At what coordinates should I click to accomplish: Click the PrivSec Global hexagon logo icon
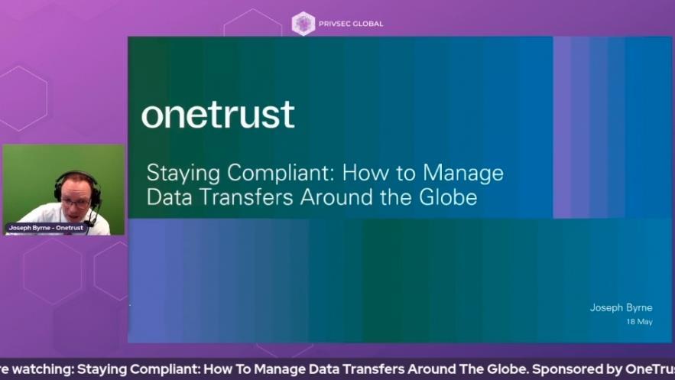tap(303, 23)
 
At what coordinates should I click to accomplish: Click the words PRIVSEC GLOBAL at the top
tap(351, 24)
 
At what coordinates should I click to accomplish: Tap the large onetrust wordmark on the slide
tap(218, 115)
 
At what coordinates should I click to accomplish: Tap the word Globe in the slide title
tap(450, 197)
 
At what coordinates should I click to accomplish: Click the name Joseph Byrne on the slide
tap(621, 308)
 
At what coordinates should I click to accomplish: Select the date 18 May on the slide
tap(639, 322)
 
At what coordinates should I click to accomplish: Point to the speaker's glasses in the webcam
tap(76, 202)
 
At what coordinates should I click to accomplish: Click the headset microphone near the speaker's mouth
tap(91, 218)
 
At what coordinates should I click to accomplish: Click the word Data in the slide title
tap(168, 197)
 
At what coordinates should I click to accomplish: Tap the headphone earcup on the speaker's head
tap(96, 193)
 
